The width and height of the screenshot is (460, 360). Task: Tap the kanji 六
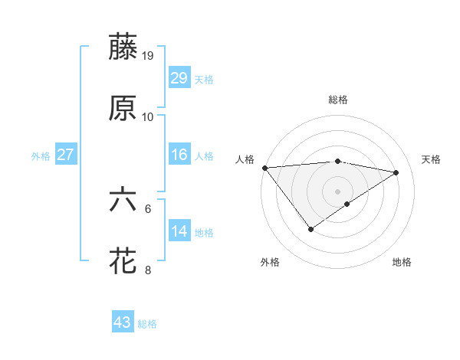(123, 200)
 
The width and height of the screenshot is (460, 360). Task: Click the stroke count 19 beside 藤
(149, 55)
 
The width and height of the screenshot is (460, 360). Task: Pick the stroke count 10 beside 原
(148, 117)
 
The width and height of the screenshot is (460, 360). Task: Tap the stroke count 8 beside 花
(148, 270)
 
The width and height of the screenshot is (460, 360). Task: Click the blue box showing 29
(179, 78)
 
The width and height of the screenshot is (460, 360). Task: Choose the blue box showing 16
(179, 155)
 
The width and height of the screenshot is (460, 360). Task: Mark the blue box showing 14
(179, 231)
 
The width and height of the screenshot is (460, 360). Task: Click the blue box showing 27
(66, 155)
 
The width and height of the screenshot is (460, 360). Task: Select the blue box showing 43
(123, 322)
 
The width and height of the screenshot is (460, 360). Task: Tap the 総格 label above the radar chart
(338, 100)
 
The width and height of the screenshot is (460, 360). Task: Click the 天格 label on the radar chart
(432, 159)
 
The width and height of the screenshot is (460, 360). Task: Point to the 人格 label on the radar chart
(245, 159)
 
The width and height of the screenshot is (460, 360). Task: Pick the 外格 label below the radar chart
(270, 262)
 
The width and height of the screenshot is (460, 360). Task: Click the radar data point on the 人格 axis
(264, 168)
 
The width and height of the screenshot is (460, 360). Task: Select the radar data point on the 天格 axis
(396, 172)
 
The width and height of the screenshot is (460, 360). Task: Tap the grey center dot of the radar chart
(338, 191)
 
